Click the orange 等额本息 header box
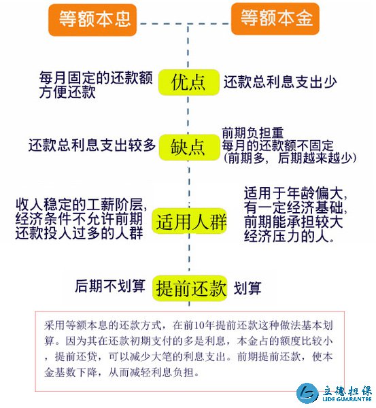92,20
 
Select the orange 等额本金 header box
275,19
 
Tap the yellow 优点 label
188,82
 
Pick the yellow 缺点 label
189,148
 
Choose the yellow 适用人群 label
190,222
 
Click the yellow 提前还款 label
190,288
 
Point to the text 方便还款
68,92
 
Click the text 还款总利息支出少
280,82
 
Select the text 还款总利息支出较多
92,145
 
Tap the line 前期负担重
252,133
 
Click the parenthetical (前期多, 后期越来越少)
290,158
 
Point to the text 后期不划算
110,286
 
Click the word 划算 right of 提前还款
247,288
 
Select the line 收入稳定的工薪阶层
81,205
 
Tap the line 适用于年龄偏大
295,193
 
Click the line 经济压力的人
289,236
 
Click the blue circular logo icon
307,393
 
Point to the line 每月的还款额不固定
277,146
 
